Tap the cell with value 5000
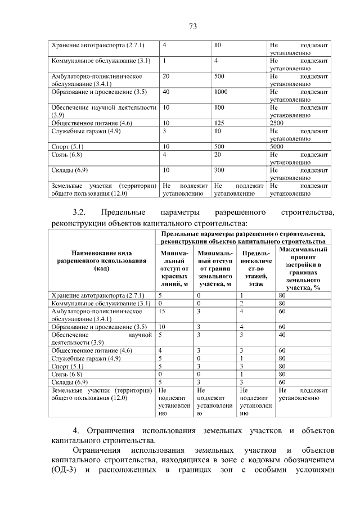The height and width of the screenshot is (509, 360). pyautogui.click(x=278, y=146)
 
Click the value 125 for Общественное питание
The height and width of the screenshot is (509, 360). pyautogui.click(x=220, y=123)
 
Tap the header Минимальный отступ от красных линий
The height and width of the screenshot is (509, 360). pyautogui.click(x=174, y=268)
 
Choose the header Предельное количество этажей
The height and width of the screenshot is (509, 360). pyautogui.click(x=256, y=268)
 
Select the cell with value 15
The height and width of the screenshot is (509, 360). pyautogui.click(x=163, y=310)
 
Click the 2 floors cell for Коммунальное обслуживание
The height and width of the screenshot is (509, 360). pyautogui.click(x=241, y=303)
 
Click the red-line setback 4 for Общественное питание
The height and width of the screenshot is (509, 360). pyautogui.click(x=161, y=350)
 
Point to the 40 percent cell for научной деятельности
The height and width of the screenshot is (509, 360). pyautogui.click(x=283, y=335)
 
